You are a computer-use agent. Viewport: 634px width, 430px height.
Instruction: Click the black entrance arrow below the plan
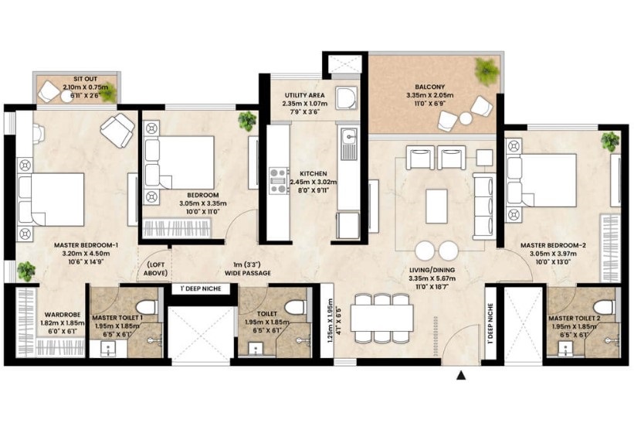point(461,375)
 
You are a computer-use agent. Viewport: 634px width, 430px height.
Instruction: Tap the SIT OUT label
point(85,79)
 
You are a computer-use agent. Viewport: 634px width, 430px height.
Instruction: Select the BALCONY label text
point(430,87)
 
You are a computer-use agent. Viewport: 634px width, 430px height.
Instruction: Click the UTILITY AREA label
point(304,95)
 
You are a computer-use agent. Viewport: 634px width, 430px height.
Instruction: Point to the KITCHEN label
point(314,174)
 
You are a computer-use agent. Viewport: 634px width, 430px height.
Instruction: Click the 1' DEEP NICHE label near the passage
point(201,288)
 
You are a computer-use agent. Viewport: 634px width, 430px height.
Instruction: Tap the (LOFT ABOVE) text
point(156,269)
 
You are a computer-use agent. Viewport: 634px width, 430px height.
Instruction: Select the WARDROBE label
point(63,315)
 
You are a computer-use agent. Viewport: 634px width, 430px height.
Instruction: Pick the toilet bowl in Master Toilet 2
point(604,307)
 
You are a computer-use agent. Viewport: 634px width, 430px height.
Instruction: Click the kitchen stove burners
point(279,180)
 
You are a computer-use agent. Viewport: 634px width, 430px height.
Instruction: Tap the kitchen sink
point(348,143)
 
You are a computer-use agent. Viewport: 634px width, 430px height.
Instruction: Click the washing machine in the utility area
point(346,97)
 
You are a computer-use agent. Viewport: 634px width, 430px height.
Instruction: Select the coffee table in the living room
point(436,206)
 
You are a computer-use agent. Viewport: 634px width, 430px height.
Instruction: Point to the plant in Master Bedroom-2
point(610,142)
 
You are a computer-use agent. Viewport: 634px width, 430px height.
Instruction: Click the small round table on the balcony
point(466,118)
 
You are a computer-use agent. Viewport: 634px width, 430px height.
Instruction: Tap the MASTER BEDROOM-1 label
point(86,245)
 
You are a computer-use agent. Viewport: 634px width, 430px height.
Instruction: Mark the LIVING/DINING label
point(432,270)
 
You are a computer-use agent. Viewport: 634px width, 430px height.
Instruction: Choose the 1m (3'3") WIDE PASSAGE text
point(248,269)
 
